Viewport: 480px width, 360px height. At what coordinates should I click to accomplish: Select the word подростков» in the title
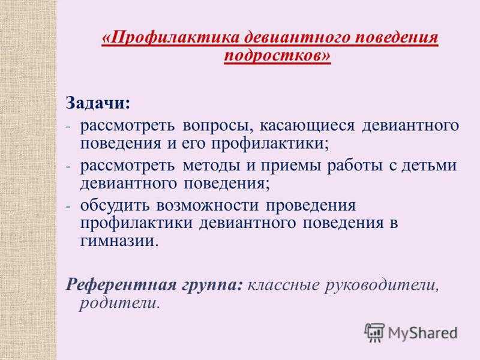[x=277, y=56]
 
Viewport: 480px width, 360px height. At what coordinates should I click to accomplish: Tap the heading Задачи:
[x=98, y=103]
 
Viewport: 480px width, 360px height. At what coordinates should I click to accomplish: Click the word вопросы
[x=218, y=126]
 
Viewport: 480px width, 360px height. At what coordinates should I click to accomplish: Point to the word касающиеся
[x=307, y=126]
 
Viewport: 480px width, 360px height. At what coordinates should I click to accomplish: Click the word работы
[x=355, y=166]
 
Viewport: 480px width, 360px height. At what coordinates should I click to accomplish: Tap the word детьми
[x=429, y=166]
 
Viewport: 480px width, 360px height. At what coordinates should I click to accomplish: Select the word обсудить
[x=115, y=205]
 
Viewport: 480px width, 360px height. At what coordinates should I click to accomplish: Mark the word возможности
[x=207, y=205]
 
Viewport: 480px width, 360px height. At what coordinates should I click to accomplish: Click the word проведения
[x=310, y=206]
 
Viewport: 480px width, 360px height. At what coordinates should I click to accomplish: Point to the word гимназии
[x=119, y=241]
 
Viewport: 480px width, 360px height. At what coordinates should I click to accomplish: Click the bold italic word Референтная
[x=121, y=286]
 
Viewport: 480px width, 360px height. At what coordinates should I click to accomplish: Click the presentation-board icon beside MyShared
[x=374, y=332]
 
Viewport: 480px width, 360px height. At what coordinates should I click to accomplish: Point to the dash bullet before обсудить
[x=68, y=206]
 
